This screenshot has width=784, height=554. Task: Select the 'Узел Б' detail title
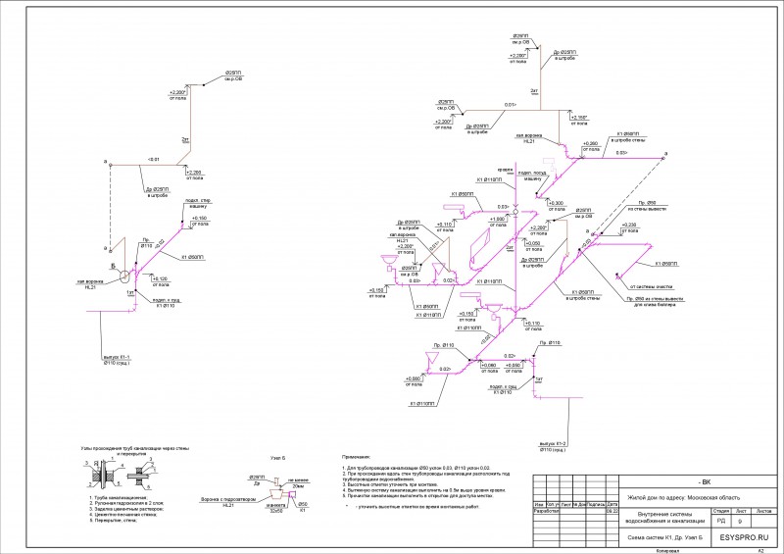click(277, 458)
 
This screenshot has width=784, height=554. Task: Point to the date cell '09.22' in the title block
click(611, 512)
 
